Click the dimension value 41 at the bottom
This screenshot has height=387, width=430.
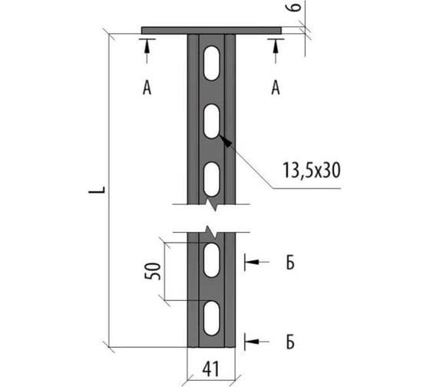click(x=211, y=369)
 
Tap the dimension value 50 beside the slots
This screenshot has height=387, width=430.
click(x=153, y=271)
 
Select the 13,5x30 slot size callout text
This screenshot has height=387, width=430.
click(x=312, y=170)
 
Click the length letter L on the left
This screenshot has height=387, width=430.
click(x=97, y=190)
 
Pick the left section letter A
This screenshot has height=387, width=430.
click(x=147, y=88)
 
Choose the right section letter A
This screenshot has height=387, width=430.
click(x=276, y=88)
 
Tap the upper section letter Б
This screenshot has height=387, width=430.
click(x=290, y=263)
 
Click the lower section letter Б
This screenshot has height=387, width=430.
click(x=290, y=342)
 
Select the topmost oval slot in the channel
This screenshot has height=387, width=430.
click(x=211, y=63)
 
